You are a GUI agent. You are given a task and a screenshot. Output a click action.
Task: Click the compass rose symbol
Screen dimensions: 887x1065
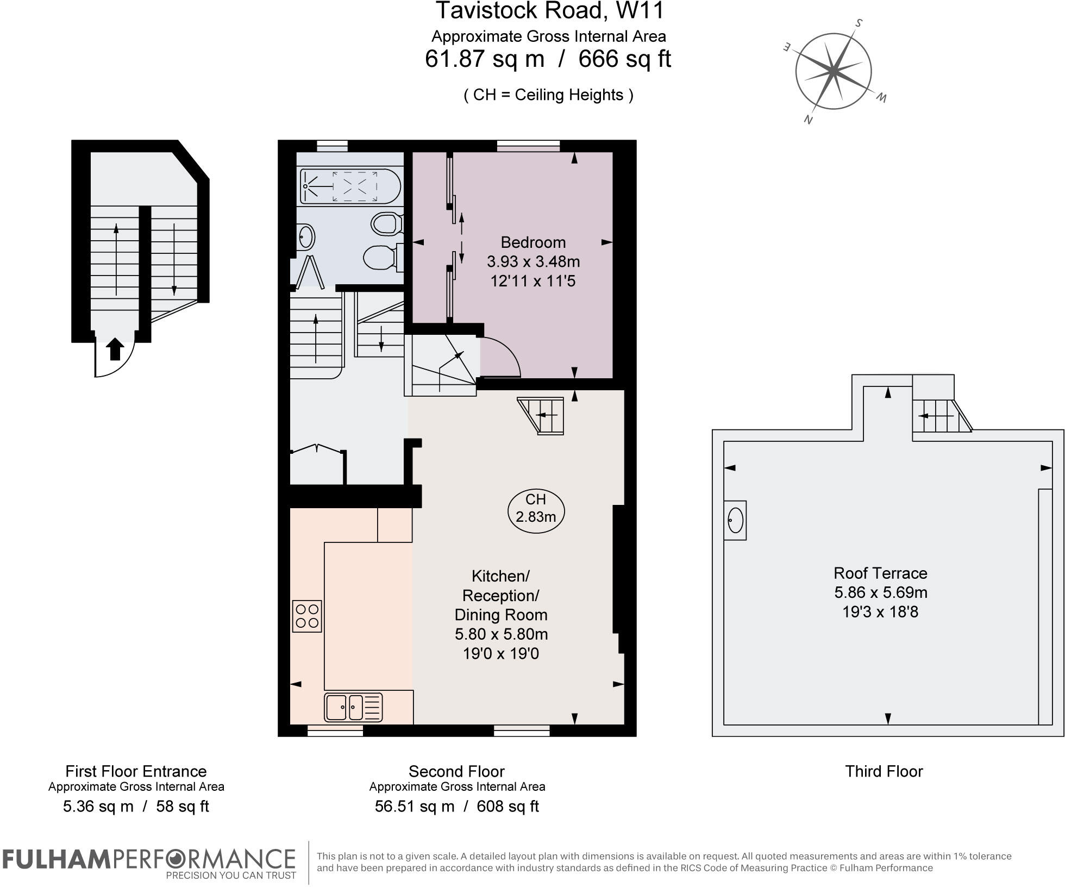pyautogui.click(x=834, y=71)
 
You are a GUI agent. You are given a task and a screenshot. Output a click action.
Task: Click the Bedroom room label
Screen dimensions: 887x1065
pyautogui.click(x=533, y=242)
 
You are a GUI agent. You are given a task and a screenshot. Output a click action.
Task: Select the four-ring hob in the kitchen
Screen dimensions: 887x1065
pyautogui.click(x=307, y=616)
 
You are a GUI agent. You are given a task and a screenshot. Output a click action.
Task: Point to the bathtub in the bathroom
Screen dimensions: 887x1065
pyautogui.click(x=350, y=186)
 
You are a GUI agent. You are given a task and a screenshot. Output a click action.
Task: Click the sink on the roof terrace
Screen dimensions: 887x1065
pyautogui.click(x=735, y=520)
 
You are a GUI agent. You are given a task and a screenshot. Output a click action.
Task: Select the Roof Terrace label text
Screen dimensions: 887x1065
pyautogui.click(x=880, y=573)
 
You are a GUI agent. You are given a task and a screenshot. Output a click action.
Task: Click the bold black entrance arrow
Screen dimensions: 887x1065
pyautogui.click(x=115, y=348)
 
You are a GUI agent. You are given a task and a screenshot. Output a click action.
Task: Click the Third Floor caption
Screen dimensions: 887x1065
pyautogui.click(x=884, y=771)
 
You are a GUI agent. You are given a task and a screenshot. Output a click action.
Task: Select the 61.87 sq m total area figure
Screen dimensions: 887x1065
pyautogui.click(x=484, y=59)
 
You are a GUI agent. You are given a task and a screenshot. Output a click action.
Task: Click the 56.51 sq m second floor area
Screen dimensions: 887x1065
pyautogui.click(x=414, y=806)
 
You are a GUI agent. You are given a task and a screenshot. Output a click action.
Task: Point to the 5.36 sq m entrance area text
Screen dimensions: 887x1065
pyautogui.click(x=98, y=806)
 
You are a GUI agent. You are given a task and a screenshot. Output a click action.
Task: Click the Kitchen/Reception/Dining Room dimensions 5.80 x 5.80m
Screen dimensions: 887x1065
pyautogui.click(x=501, y=634)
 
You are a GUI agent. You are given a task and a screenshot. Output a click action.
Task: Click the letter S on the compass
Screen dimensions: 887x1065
pyautogui.click(x=859, y=23)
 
